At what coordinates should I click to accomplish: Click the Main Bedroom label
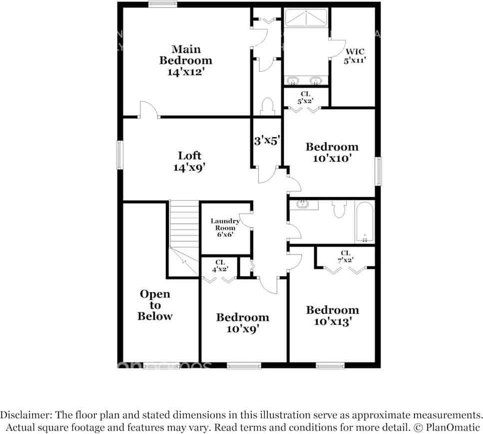point(186,60)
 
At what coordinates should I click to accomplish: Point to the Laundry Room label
point(225,227)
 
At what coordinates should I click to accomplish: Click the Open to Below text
point(155,305)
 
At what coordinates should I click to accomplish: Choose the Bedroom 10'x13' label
point(332,316)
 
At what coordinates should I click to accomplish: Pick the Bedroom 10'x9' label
point(242,323)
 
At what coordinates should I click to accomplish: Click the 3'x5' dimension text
point(266,141)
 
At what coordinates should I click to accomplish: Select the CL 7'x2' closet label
point(345,256)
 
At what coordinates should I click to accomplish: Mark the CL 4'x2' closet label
point(220,265)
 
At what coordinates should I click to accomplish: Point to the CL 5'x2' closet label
point(305,97)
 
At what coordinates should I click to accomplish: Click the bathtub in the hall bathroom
point(365,222)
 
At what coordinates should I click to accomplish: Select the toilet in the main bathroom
point(267,106)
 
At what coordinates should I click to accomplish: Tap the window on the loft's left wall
point(120,155)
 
